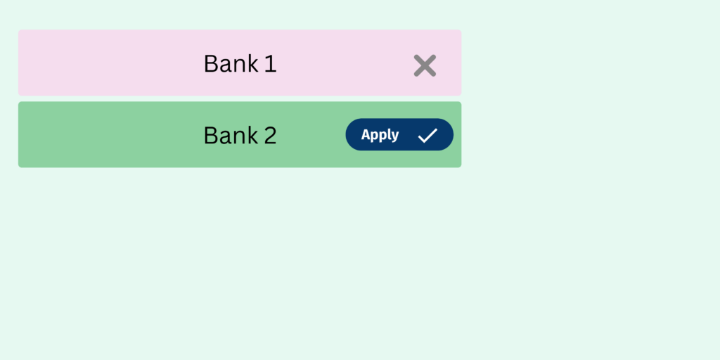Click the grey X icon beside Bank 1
tap(425, 65)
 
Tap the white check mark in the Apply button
tap(427, 136)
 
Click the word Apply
tap(380, 135)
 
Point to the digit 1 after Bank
tap(271, 63)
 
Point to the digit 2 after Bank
tap(271, 136)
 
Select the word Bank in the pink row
tap(231, 63)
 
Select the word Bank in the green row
tap(231, 136)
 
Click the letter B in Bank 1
tap(211, 63)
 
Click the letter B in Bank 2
tap(211, 136)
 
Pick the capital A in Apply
tap(366, 134)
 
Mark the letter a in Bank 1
tap(225, 66)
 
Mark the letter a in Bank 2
tap(225, 139)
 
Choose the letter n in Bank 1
tap(240, 65)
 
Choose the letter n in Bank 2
tap(240, 138)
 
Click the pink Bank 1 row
tap(240, 63)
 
